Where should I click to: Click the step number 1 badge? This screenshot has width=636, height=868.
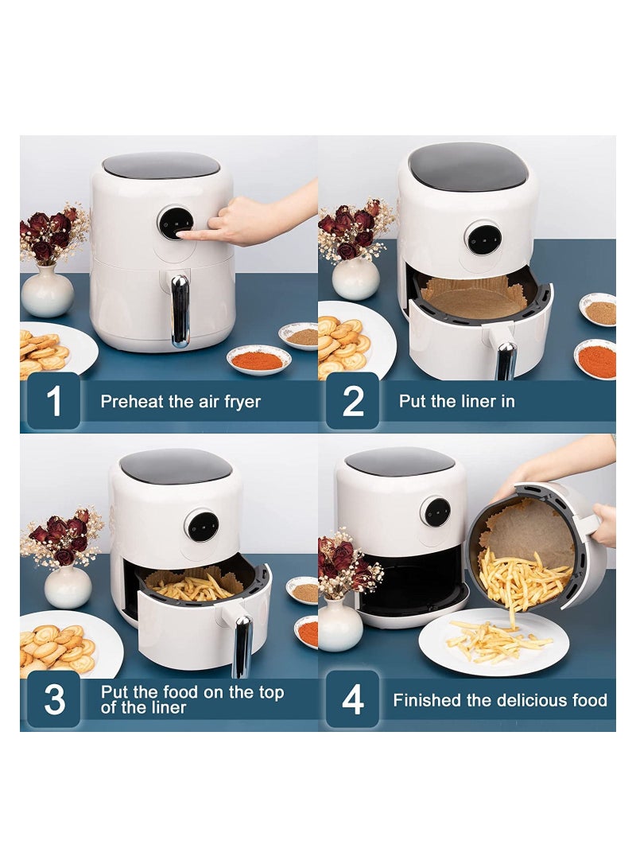54,401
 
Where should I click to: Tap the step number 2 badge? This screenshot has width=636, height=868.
353,401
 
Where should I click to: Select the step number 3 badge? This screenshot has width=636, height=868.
54,699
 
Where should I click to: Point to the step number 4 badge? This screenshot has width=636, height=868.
353,699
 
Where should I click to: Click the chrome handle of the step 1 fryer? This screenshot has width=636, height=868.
180,310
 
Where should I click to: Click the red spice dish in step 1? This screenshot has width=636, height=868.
258,360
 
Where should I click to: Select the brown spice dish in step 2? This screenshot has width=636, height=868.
600,311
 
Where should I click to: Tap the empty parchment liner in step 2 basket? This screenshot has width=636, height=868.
475,299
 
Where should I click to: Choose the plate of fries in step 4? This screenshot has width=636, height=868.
494,641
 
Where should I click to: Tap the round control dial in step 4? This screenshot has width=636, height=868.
436,512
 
